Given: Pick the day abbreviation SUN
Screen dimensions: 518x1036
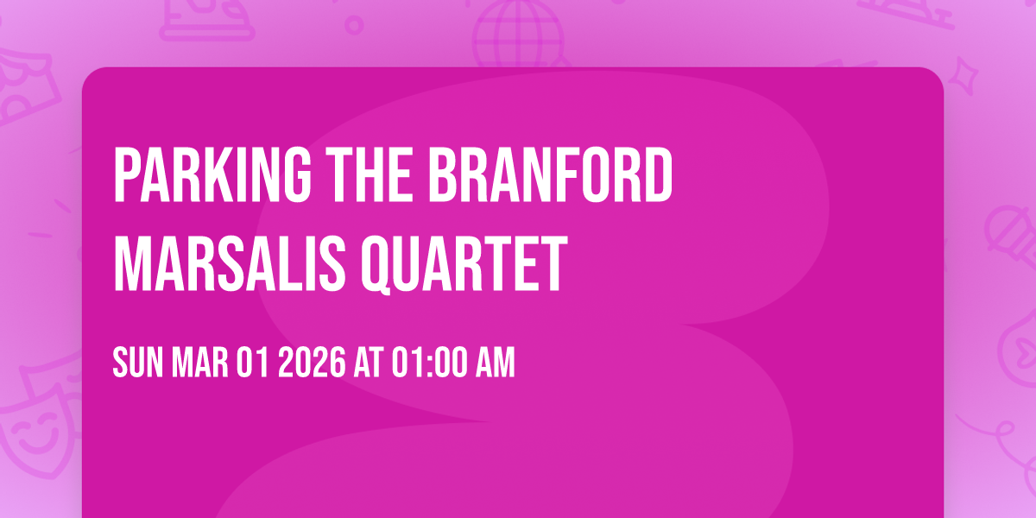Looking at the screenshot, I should (x=138, y=363).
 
